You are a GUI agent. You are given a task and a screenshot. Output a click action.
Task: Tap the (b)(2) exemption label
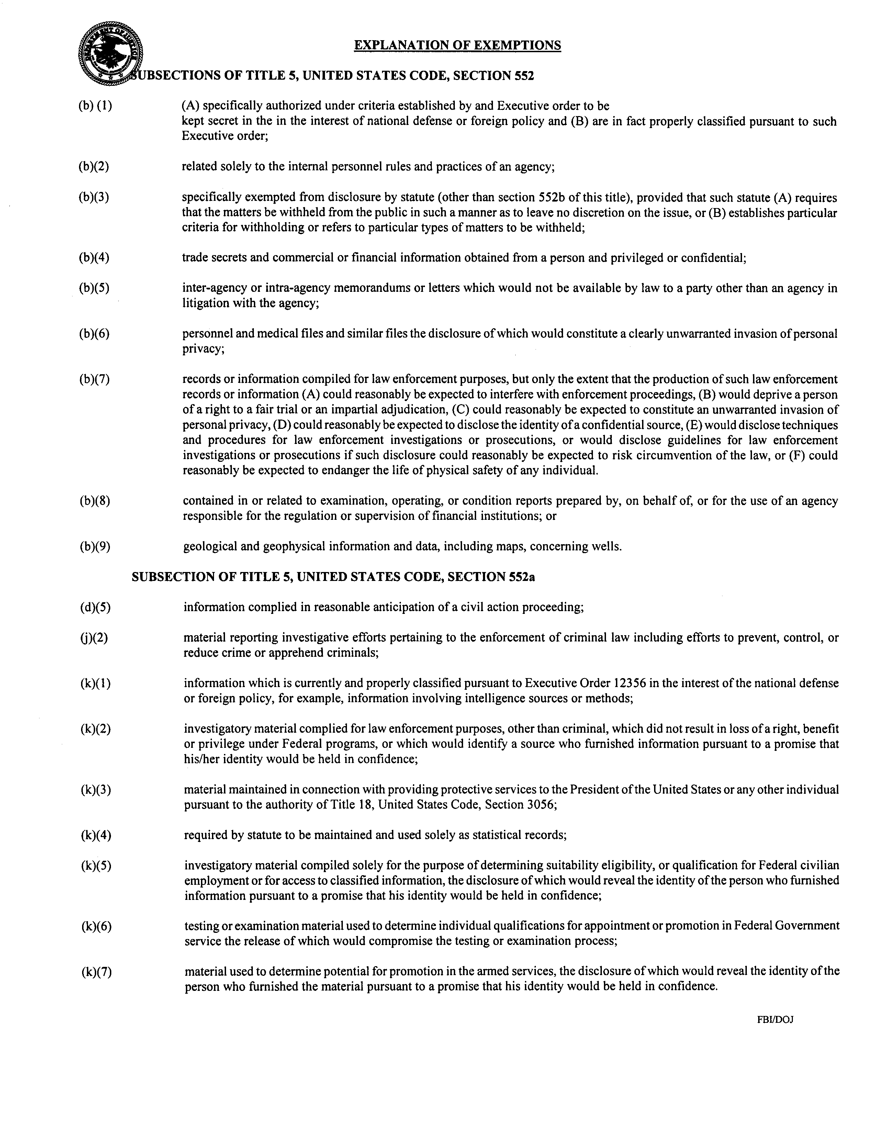point(94,167)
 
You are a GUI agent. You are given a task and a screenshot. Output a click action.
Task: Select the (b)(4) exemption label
point(94,258)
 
